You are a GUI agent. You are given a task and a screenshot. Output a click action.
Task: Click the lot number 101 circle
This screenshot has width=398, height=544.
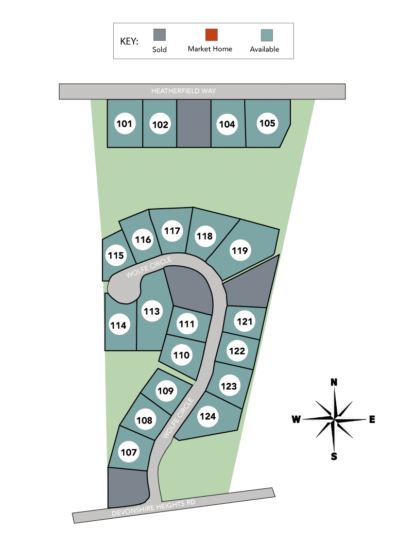tap(124, 124)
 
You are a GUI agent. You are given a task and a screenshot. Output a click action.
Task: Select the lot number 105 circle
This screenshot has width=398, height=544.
tap(267, 123)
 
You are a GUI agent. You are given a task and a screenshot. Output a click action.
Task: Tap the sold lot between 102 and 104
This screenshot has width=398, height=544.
tap(194, 123)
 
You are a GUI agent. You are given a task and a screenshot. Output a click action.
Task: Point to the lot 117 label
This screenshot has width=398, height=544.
tap(172, 231)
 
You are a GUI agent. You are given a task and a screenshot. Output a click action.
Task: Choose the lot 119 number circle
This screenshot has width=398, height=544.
tap(239, 250)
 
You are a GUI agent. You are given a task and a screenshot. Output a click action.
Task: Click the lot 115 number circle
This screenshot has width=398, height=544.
tap(116, 256)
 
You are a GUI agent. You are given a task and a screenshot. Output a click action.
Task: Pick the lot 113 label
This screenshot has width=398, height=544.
tap(152, 311)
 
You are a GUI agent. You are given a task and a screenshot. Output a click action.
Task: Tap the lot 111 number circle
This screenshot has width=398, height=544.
tap(187, 324)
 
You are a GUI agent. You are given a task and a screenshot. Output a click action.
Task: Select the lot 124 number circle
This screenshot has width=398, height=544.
tap(207, 416)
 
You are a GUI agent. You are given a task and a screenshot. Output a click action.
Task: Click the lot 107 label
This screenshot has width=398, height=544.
tap(129, 452)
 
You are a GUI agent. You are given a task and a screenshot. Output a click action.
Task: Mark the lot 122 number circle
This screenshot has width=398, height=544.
tap(237, 351)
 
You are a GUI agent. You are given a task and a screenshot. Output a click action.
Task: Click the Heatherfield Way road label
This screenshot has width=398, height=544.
tap(183, 91)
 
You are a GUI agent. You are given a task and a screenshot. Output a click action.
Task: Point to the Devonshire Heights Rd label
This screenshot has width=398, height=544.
tap(153, 508)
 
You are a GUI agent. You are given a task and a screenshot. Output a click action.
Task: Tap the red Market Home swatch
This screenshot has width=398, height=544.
tap(212, 35)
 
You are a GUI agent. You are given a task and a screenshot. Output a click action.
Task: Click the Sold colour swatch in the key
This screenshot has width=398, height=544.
tap(160, 35)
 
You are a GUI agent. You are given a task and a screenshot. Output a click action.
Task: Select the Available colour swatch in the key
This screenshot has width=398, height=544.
tap(267, 35)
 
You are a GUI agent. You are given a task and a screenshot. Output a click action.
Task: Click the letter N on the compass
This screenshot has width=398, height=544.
tap(334, 382)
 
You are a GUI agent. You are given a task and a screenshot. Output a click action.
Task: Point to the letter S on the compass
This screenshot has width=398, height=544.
tap(334, 456)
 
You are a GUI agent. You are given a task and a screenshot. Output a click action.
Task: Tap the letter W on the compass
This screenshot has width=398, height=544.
tap(296, 419)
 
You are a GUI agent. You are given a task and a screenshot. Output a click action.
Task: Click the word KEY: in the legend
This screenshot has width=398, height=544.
tap(129, 41)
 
